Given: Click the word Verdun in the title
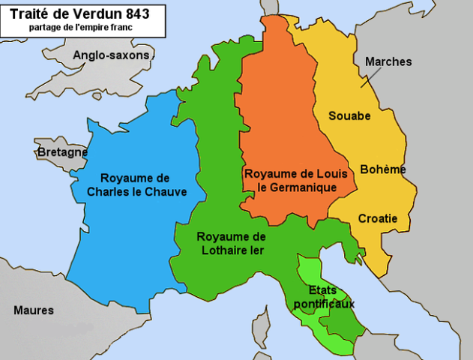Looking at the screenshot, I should click(95, 13).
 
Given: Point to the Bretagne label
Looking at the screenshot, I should click(62, 152).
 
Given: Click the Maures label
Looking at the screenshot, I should click(34, 310).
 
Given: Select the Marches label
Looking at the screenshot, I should click(388, 61).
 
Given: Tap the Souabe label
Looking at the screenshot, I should click(349, 116).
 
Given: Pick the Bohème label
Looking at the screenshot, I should click(383, 169).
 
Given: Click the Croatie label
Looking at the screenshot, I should click(377, 218).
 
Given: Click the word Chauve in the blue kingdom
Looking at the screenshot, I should click(166, 192).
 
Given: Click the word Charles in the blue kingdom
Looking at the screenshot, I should click(109, 192).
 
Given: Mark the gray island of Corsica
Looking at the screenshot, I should click(260, 327).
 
